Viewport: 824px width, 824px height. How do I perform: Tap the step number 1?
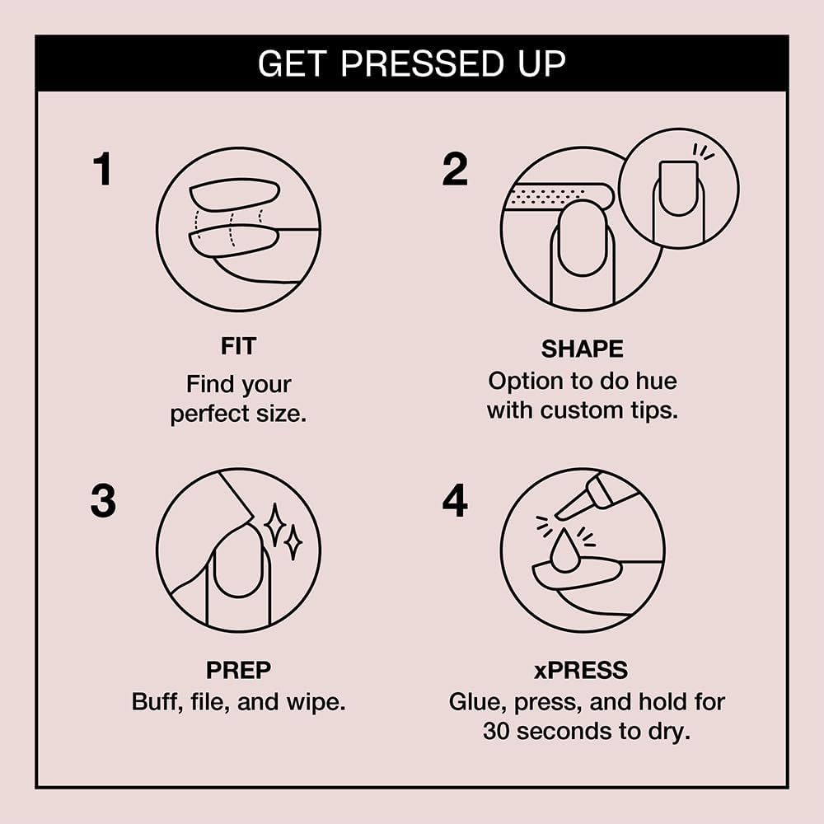[x=102, y=171]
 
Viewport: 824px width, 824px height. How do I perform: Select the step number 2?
[x=455, y=171]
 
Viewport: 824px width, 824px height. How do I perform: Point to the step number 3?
[x=103, y=502]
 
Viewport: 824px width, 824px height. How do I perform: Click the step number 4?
[x=455, y=502]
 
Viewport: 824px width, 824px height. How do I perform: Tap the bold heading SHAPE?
[x=582, y=349]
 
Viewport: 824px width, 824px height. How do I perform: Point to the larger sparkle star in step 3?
[x=274, y=522]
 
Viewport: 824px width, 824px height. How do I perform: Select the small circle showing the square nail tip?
[x=678, y=189]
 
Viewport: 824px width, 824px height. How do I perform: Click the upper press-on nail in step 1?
[x=235, y=193]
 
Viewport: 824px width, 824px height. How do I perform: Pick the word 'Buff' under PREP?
[x=152, y=702]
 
